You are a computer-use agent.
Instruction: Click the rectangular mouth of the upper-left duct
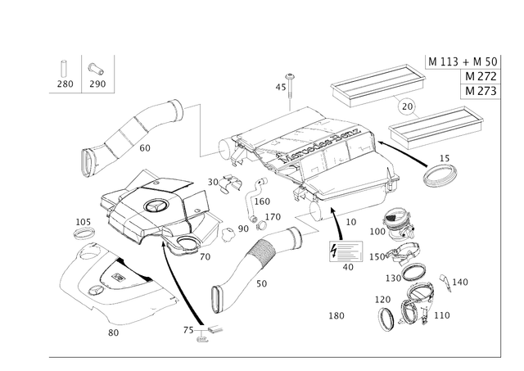[x=88, y=161]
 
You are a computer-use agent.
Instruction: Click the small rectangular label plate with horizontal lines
[x=345, y=251]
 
